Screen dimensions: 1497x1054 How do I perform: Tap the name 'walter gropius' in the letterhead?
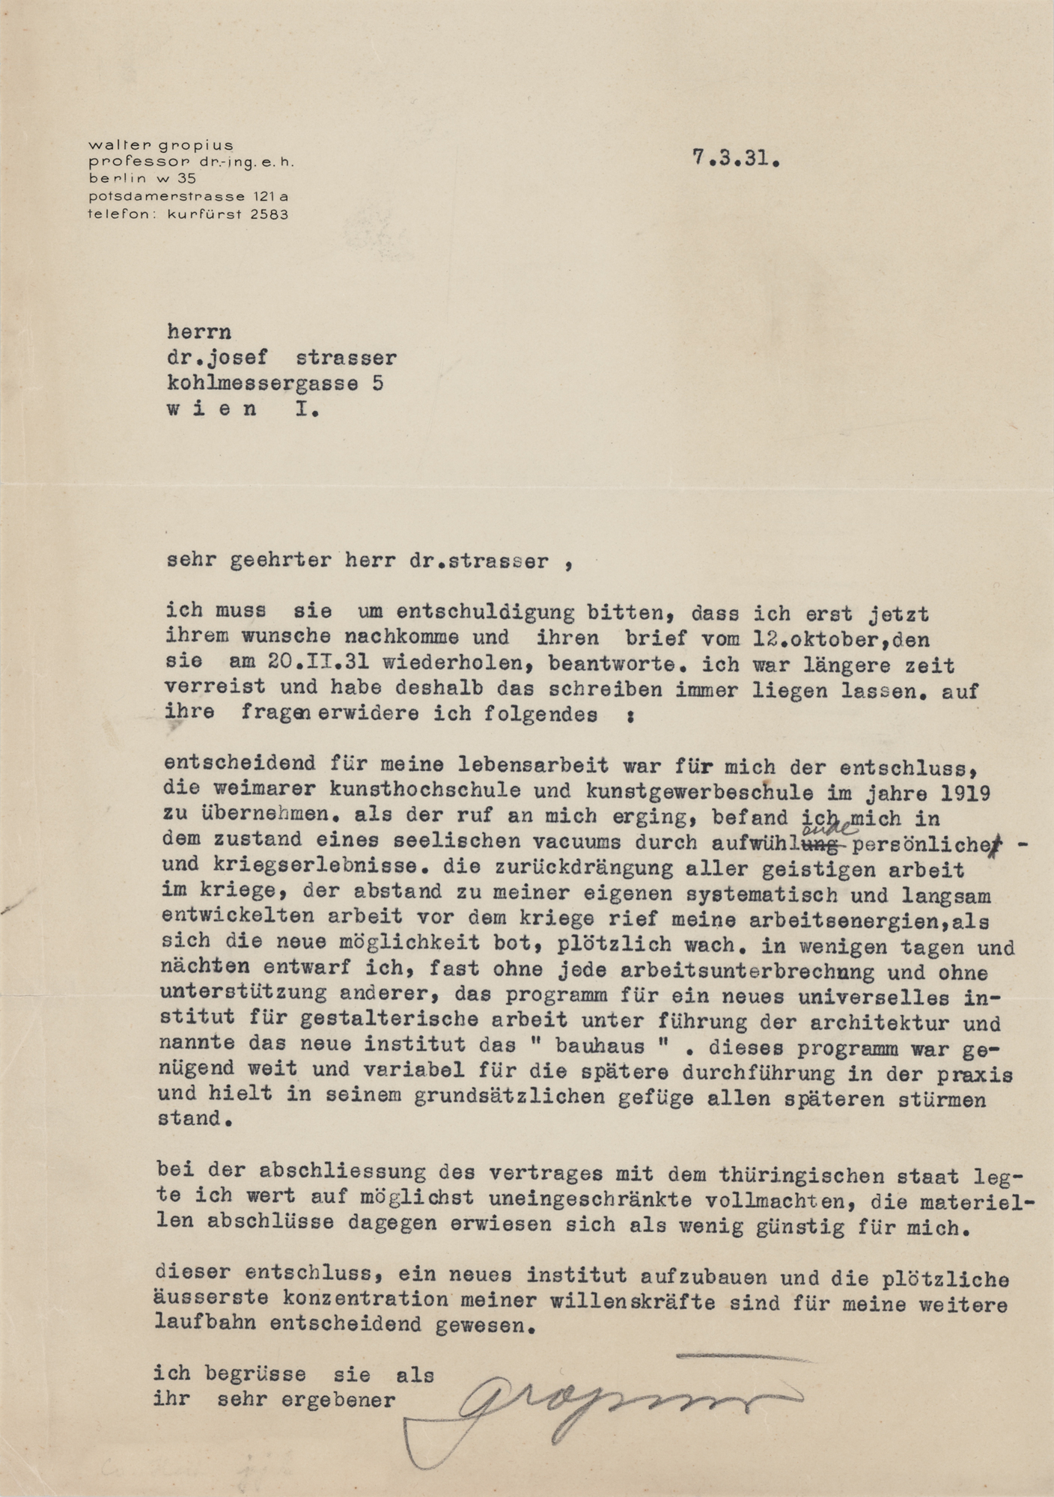tap(161, 144)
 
